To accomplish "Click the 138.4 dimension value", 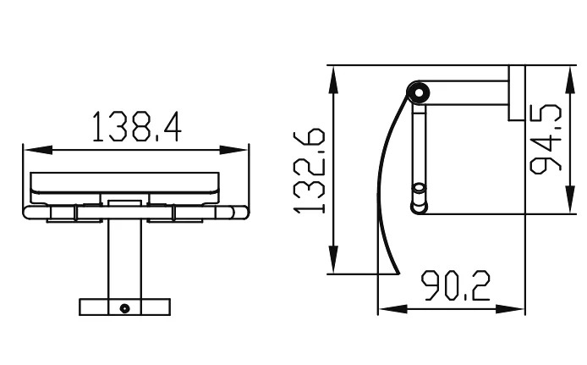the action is pyautogui.click(x=137, y=126).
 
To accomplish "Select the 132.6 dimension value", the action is pyautogui.click(x=310, y=171).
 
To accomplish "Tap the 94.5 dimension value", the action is pyautogui.click(x=546, y=139).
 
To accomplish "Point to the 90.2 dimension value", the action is pyautogui.click(x=456, y=286).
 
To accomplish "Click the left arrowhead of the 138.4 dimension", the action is pyautogui.click(x=38, y=150).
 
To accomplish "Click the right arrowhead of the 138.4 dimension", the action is pyautogui.click(x=233, y=150).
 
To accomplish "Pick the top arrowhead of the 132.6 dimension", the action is pyautogui.click(x=332, y=80).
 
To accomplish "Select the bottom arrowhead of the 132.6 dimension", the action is pyautogui.click(x=332, y=260).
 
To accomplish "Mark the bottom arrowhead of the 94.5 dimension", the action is pyautogui.click(x=570, y=200).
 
